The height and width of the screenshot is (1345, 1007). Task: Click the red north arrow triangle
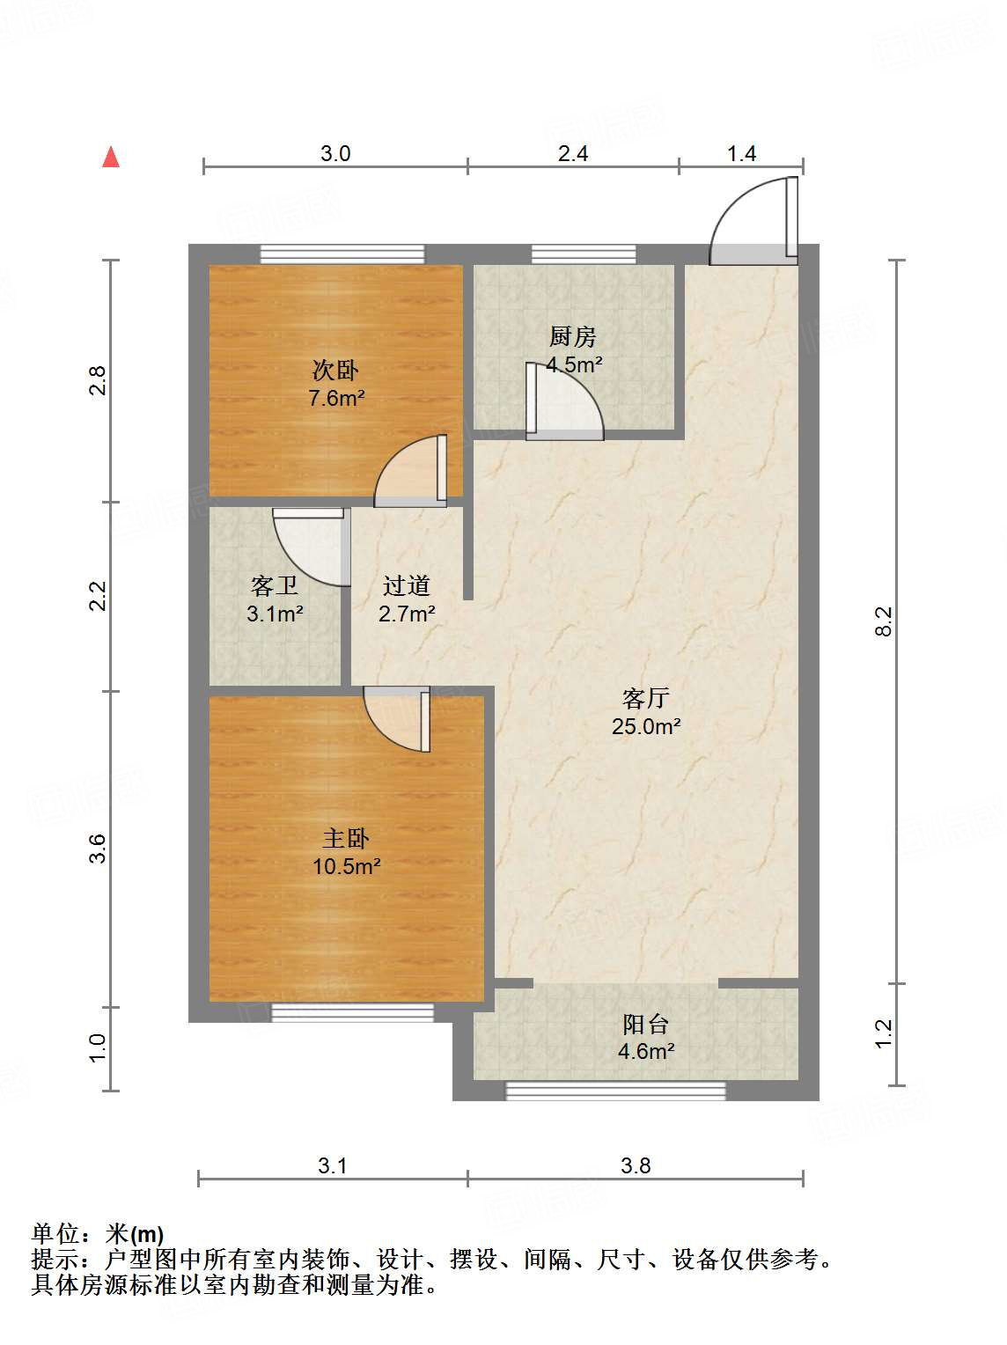click(x=111, y=158)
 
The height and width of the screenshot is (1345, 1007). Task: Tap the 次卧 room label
click(x=335, y=371)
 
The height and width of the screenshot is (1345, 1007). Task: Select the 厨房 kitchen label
click(x=573, y=336)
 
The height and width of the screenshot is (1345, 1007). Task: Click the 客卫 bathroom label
click(x=274, y=586)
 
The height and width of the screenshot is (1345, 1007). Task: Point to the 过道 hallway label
click(x=406, y=586)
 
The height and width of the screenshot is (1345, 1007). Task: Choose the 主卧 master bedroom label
click(x=345, y=839)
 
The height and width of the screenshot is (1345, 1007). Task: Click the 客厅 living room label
click(x=646, y=699)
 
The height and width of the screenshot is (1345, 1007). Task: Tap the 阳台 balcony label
click(x=646, y=1025)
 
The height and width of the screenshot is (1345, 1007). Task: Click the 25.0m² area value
click(x=646, y=727)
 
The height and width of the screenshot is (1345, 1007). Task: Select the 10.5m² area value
click(x=346, y=867)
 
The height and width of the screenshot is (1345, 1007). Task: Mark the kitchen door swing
click(x=563, y=403)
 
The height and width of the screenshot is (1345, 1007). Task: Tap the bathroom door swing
click(x=310, y=546)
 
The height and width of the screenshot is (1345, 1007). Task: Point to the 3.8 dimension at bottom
click(x=636, y=1166)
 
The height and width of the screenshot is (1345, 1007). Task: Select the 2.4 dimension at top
click(x=573, y=154)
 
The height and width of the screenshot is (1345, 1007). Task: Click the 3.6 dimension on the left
click(x=98, y=849)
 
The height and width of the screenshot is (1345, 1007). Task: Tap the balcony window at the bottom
click(x=615, y=1091)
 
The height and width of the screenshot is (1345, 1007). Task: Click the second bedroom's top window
click(x=342, y=254)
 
